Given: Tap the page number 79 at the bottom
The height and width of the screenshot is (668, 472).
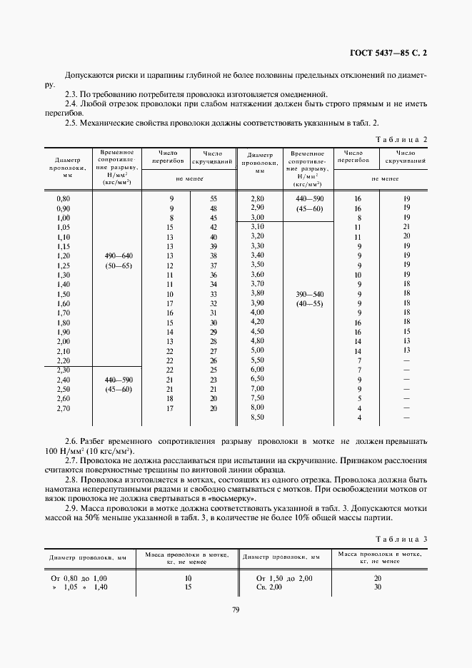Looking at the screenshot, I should pyautogui.click(x=235, y=609).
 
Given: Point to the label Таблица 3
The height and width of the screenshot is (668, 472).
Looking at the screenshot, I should pyautogui.click(x=403, y=539).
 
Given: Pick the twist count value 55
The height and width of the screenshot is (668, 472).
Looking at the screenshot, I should pyautogui.click(x=213, y=198).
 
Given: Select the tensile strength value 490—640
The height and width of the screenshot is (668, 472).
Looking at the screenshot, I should pyautogui.click(x=119, y=255).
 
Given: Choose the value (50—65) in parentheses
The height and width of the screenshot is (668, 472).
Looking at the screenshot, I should pyautogui.click(x=119, y=265).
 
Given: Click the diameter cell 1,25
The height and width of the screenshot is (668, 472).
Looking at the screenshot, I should pyautogui.click(x=64, y=265).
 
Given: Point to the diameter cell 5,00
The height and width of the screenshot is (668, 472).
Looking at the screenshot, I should pyautogui.click(x=257, y=350).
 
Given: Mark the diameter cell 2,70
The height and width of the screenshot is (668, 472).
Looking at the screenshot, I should pyautogui.click(x=64, y=408).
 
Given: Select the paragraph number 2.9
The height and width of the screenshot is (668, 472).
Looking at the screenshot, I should pyautogui.click(x=71, y=508).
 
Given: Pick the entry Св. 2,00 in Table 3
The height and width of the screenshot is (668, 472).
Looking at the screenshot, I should pyautogui.click(x=269, y=587).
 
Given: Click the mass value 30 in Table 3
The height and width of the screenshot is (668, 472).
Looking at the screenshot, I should pyautogui.click(x=378, y=587).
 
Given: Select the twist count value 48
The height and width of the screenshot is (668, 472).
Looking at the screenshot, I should pyautogui.click(x=213, y=208).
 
